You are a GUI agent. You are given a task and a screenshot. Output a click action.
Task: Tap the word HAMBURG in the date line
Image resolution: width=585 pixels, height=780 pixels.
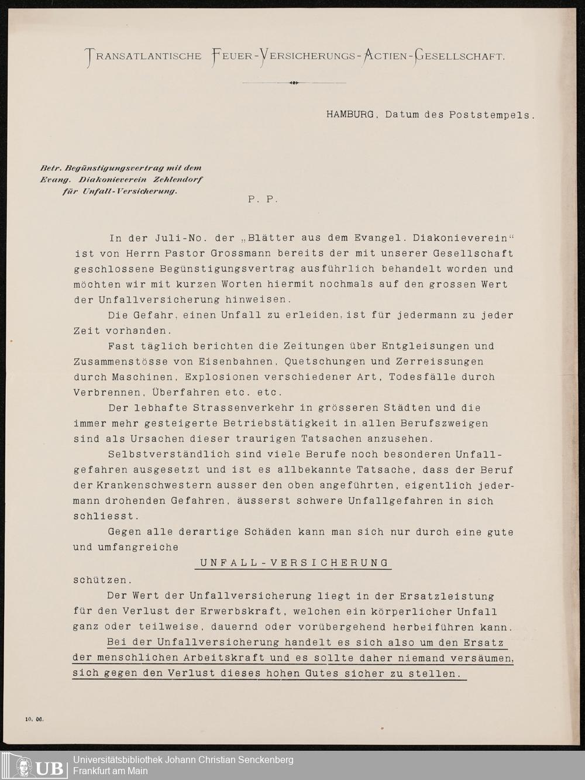(350, 115)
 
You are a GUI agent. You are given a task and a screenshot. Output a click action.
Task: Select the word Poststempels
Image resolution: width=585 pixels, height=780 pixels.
(491, 115)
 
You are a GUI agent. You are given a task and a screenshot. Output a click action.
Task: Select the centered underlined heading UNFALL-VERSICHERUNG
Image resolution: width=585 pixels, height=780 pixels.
(294, 563)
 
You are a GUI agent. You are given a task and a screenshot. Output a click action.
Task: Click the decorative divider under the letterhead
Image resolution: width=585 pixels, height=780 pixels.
(294, 83)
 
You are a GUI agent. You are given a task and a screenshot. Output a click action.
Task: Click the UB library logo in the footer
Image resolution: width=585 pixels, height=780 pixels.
(39, 766)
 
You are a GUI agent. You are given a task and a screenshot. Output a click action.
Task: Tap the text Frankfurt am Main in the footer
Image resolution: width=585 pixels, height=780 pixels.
(111, 771)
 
